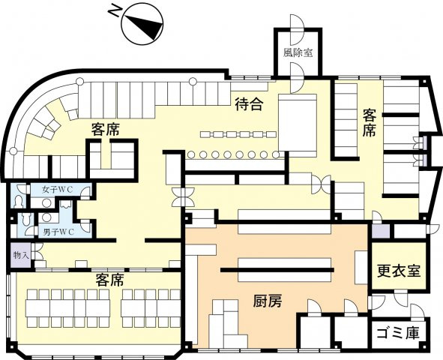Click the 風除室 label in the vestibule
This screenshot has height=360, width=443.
(298, 53)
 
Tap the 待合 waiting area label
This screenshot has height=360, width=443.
(248, 104)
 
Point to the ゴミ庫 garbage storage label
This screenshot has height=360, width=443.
(398, 332)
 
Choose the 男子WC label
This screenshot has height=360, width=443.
(57, 231)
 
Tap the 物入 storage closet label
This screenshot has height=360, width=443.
(20, 256)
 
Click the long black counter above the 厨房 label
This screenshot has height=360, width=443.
(277, 268)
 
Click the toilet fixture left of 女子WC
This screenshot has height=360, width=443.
(19, 201)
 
